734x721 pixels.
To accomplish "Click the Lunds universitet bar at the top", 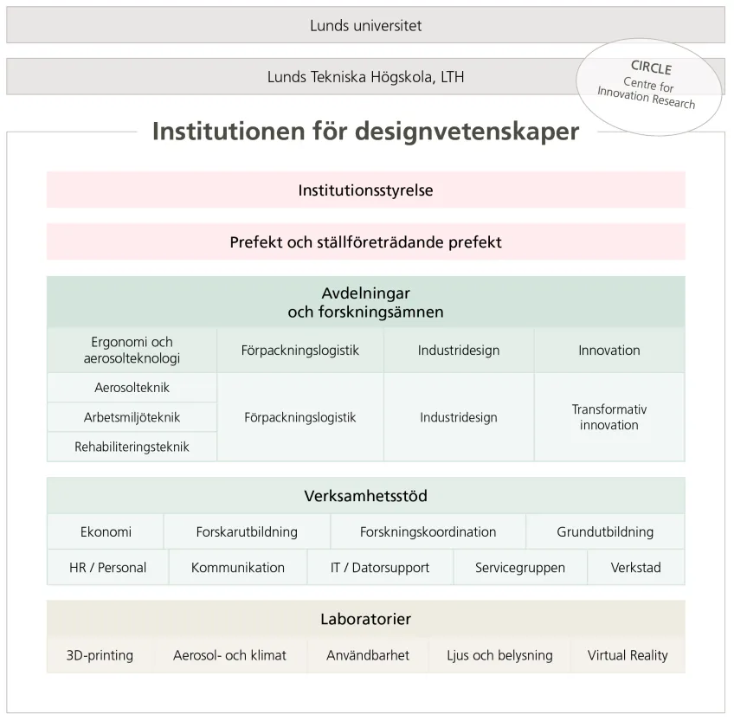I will [365, 25].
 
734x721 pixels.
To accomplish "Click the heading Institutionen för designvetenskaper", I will [365, 132].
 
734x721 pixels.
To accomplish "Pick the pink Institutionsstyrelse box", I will [365, 190].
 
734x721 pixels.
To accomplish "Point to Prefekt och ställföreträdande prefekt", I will [365, 242].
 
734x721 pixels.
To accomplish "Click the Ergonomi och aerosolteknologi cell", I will [132, 351].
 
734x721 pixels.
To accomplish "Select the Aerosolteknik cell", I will [132, 388].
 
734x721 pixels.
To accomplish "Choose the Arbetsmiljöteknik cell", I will [132, 417].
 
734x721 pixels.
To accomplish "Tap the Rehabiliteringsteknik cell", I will [132, 447].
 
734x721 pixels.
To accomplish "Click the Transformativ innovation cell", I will [608, 417].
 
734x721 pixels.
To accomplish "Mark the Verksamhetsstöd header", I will [365, 496].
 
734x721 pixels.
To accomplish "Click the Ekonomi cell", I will [106, 531].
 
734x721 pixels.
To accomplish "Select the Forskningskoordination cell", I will [428, 531].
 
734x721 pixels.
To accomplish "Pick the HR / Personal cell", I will [107, 568].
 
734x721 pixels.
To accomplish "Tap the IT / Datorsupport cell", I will [379, 568].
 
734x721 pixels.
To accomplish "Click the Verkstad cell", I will [635, 568].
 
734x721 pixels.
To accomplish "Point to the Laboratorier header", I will [365, 619].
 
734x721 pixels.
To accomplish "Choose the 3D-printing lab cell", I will [100, 655].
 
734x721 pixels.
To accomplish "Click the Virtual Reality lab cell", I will [628, 655].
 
